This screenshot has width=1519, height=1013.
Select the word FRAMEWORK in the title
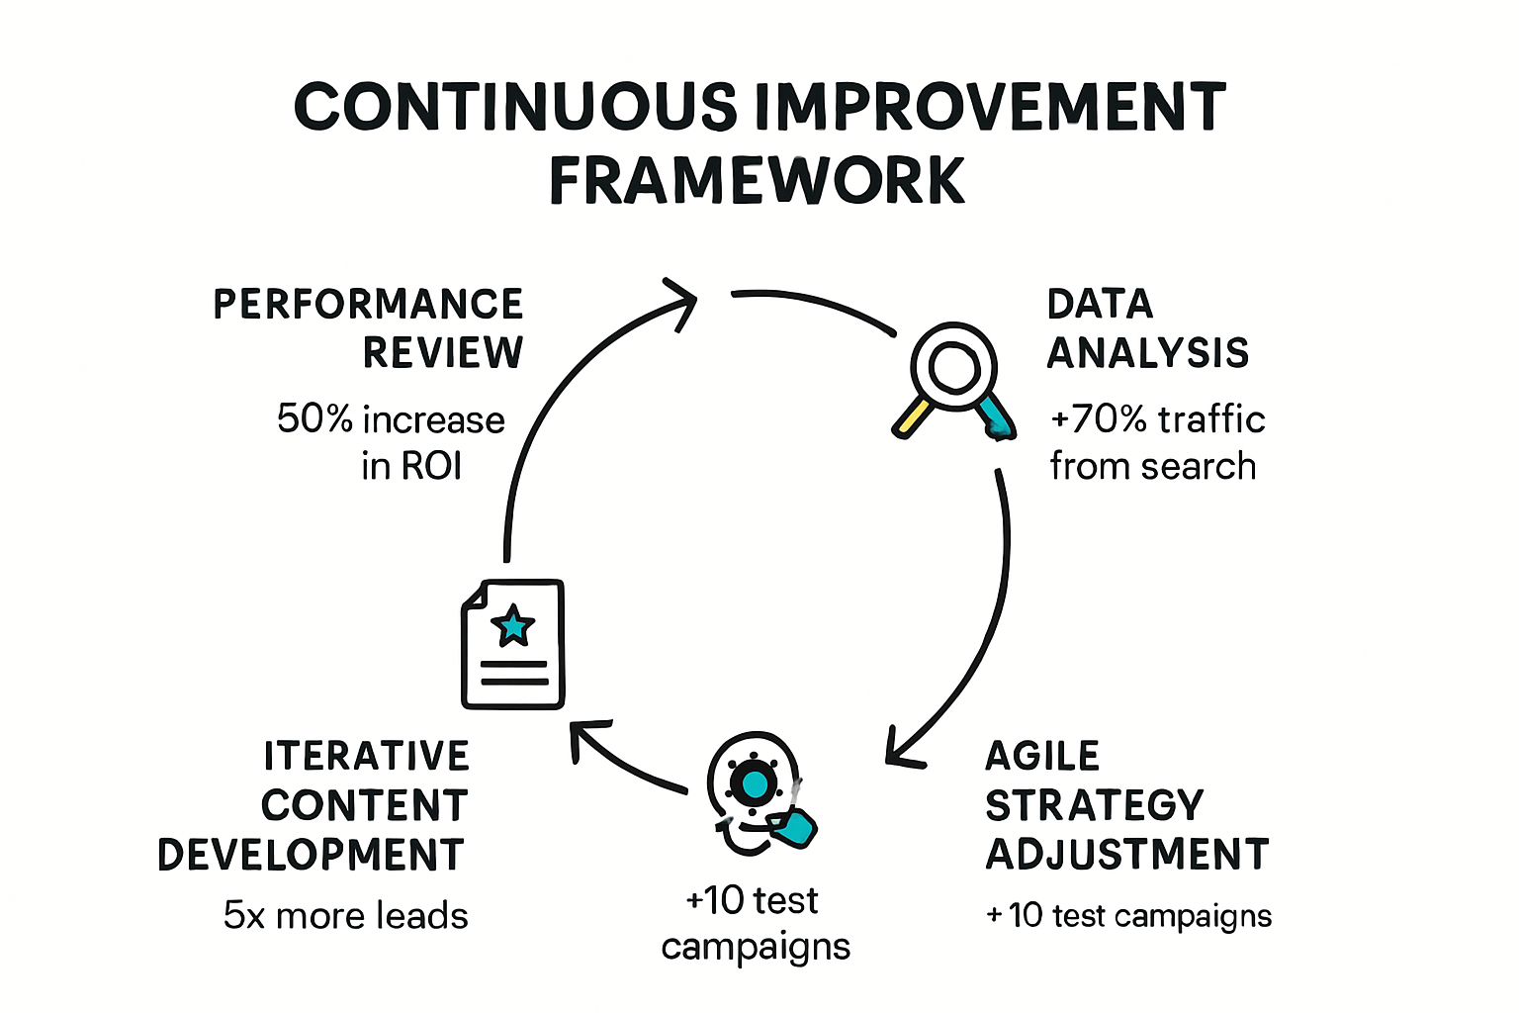pyautogui.click(x=757, y=181)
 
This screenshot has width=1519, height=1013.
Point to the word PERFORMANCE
pyautogui.click(x=368, y=305)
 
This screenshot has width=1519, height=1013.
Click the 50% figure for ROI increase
pyautogui.click(x=314, y=419)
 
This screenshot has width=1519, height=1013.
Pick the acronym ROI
pyautogui.click(x=431, y=466)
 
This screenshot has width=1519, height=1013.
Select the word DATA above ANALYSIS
pyautogui.click(x=1100, y=305)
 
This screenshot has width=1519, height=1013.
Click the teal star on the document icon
pyautogui.click(x=513, y=626)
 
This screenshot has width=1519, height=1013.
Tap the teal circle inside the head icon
pyautogui.click(x=754, y=784)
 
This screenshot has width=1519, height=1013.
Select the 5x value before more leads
pyautogui.click(x=244, y=916)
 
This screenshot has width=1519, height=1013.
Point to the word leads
pyautogui.click(x=427, y=916)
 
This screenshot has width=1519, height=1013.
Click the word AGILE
pyautogui.click(x=1042, y=757)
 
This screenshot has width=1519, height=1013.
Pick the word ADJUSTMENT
pyautogui.click(x=1127, y=855)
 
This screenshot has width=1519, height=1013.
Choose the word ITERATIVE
pyautogui.click(x=366, y=757)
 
